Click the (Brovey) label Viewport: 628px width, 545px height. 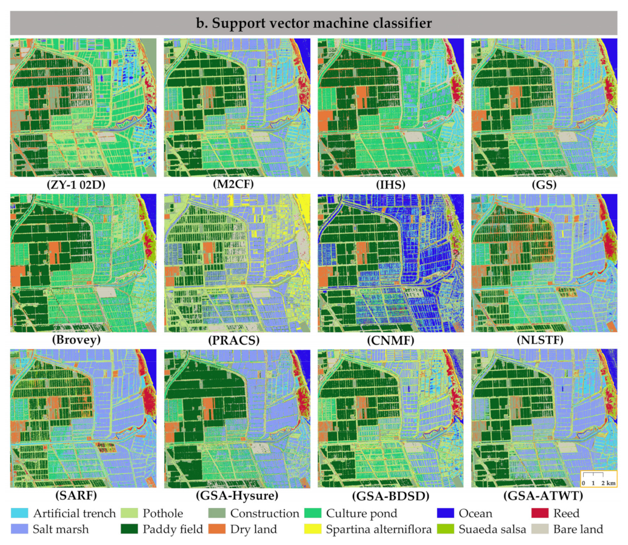83,339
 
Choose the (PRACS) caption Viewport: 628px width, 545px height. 237,339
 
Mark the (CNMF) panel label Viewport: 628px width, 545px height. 390,339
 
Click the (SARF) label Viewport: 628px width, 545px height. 83,496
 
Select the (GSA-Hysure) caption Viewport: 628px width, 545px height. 237,496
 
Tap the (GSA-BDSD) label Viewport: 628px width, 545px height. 390,496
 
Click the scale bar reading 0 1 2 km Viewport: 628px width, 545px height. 598,479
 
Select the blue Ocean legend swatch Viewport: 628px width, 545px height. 447,513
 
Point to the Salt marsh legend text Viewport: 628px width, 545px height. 62,529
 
